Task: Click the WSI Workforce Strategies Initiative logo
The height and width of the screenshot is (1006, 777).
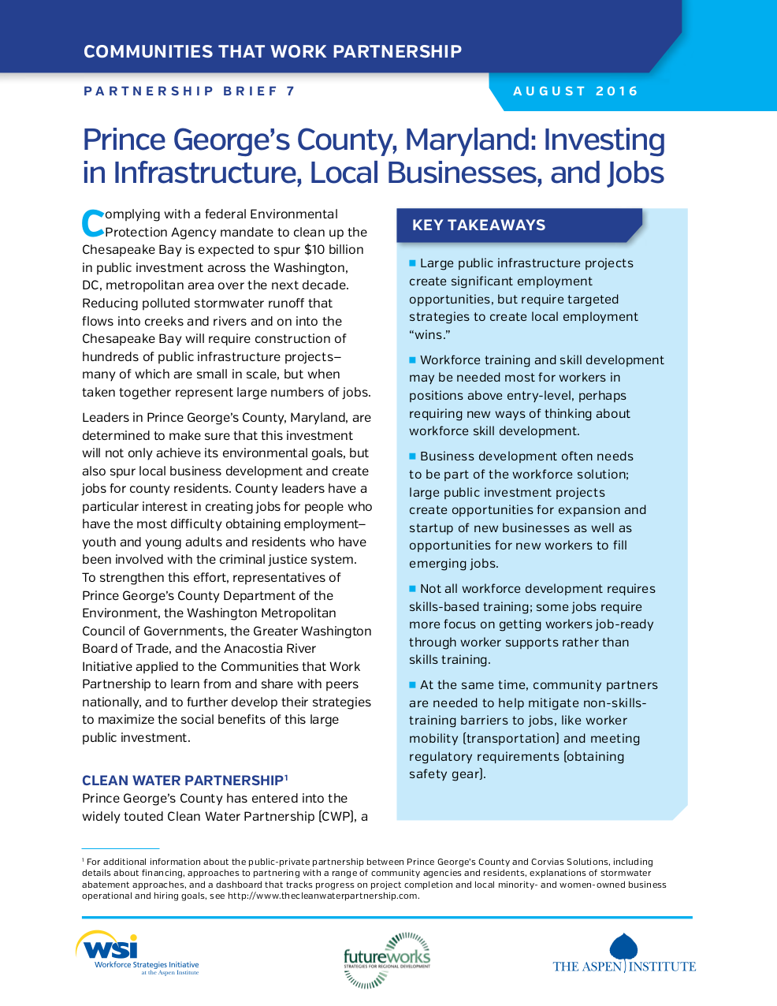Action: pos(137,953)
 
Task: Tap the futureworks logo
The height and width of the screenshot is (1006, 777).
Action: pos(387,959)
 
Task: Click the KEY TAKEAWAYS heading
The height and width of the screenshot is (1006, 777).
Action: pos(478,225)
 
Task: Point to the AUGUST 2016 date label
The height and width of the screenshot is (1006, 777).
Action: pos(575,91)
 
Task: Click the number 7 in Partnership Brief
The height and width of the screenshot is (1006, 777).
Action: pos(291,91)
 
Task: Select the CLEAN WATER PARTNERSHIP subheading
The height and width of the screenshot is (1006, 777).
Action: pos(183,781)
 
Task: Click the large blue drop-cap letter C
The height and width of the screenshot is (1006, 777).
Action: pos(93,223)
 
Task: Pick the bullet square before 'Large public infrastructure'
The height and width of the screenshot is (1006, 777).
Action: pos(412,263)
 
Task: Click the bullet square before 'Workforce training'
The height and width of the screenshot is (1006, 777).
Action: pos(412,360)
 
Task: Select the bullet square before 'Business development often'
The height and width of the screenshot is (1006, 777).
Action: pos(412,456)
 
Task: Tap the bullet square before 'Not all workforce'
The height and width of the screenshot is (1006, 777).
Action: pos(412,588)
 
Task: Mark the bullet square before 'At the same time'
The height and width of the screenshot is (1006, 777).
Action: pos(412,684)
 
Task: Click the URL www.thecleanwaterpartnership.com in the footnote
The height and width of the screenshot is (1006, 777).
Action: pos(323,896)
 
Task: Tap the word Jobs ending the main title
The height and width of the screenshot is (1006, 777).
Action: pos(635,173)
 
